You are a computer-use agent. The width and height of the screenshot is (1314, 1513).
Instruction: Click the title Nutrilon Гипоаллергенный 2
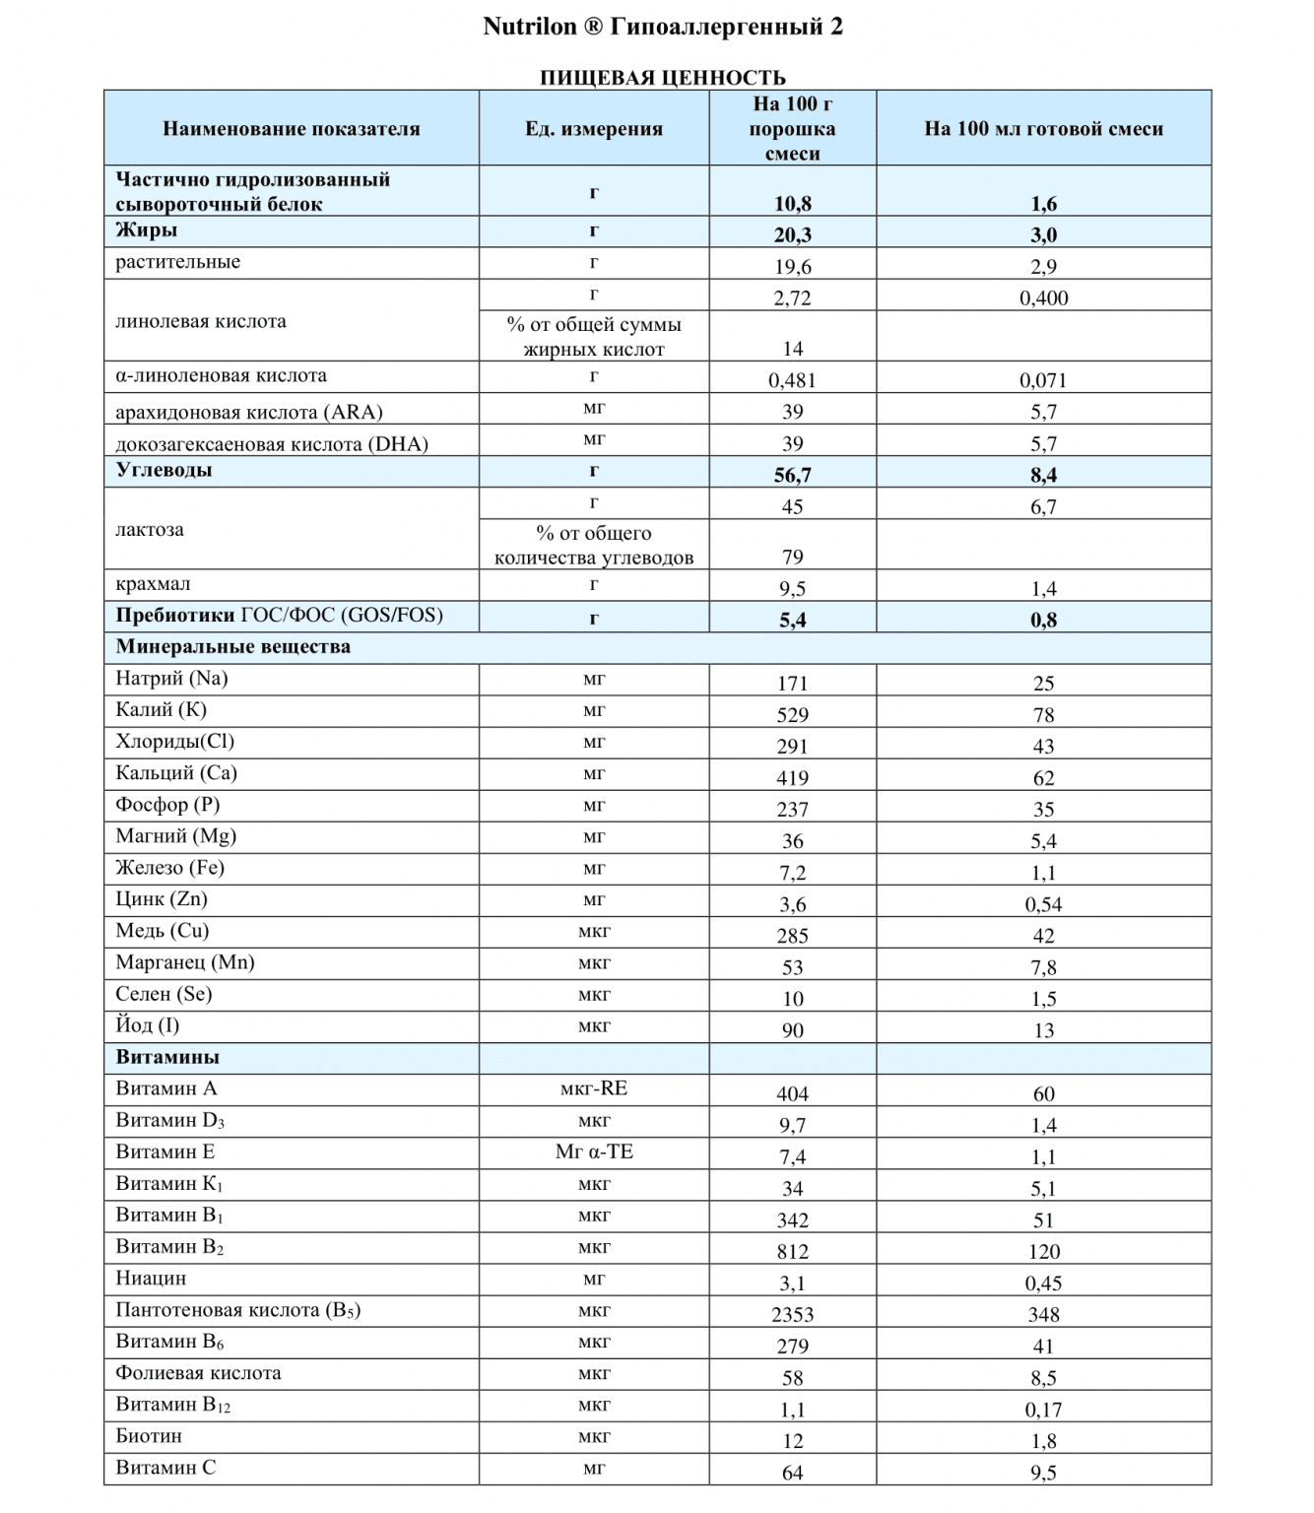(x=662, y=27)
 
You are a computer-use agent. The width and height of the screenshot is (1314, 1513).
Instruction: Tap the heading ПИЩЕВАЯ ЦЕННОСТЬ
(x=662, y=78)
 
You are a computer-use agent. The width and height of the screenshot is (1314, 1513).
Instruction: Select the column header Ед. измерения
(x=594, y=129)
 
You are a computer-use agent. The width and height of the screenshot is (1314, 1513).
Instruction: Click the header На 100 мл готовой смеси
(x=1043, y=129)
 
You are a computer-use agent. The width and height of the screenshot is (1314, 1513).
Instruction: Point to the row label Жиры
(x=147, y=230)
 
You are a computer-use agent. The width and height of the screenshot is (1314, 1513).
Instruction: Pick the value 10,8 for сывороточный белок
(x=792, y=204)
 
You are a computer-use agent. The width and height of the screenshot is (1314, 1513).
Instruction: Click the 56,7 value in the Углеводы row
(x=792, y=475)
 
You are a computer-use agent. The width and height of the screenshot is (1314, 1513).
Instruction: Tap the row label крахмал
(x=153, y=584)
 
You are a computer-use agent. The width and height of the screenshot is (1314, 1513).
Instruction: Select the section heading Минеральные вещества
(x=232, y=647)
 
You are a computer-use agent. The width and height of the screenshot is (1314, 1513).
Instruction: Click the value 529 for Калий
(x=792, y=715)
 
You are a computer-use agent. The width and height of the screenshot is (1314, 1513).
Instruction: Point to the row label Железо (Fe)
(x=169, y=868)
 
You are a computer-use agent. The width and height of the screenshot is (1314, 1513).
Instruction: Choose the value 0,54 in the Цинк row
(x=1043, y=904)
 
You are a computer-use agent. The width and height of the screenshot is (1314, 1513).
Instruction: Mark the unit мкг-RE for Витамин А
(x=594, y=1088)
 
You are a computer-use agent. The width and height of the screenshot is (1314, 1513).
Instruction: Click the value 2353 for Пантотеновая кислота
(x=792, y=1315)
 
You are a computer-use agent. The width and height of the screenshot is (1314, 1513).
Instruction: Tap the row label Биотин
(x=149, y=1436)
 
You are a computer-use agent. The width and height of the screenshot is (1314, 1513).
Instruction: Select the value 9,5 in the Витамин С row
(x=1043, y=1473)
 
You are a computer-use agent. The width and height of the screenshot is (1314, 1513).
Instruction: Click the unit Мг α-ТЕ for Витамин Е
(x=594, y=1151)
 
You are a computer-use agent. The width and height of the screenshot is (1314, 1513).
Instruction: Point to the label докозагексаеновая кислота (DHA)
(x=272, y=444)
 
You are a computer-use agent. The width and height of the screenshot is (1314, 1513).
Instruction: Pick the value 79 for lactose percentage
(x=792, y=558)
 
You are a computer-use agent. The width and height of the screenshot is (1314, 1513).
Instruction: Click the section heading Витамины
(x=167, y=1058)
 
